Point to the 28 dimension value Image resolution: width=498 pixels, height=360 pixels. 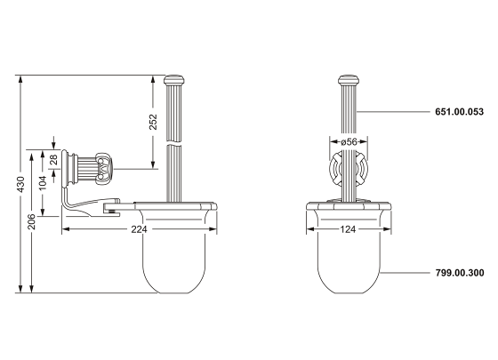coord(53,160)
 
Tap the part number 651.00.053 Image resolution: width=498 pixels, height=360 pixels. coord(459,112)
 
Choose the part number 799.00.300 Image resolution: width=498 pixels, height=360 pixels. coord(459,274)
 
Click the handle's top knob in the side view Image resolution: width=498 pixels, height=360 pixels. coord(174,82)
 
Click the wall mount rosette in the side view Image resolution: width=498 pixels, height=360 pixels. coord(90,166)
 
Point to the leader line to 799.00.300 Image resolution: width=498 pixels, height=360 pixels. coord(405,274)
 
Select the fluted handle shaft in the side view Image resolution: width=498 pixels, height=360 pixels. coord(174,142)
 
